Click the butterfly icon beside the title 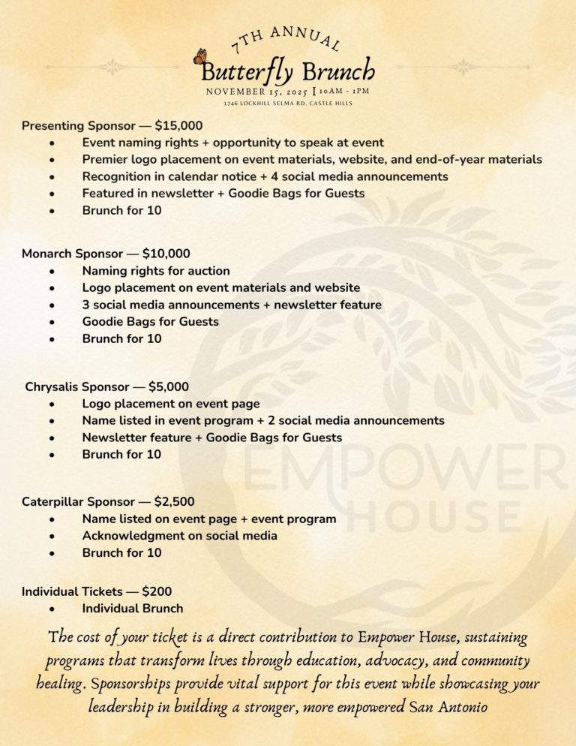point(200,57)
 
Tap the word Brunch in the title point(338,71)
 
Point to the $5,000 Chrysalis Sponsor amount point(169,387)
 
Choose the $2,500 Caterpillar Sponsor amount point(178,501)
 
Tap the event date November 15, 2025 point(256,92)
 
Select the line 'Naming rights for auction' point(156,271)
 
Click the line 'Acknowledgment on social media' point(179,536)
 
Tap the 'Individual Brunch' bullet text point(132,609)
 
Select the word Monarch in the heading point(47,254)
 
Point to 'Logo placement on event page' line point(170,404)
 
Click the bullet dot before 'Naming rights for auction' point(50,271)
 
